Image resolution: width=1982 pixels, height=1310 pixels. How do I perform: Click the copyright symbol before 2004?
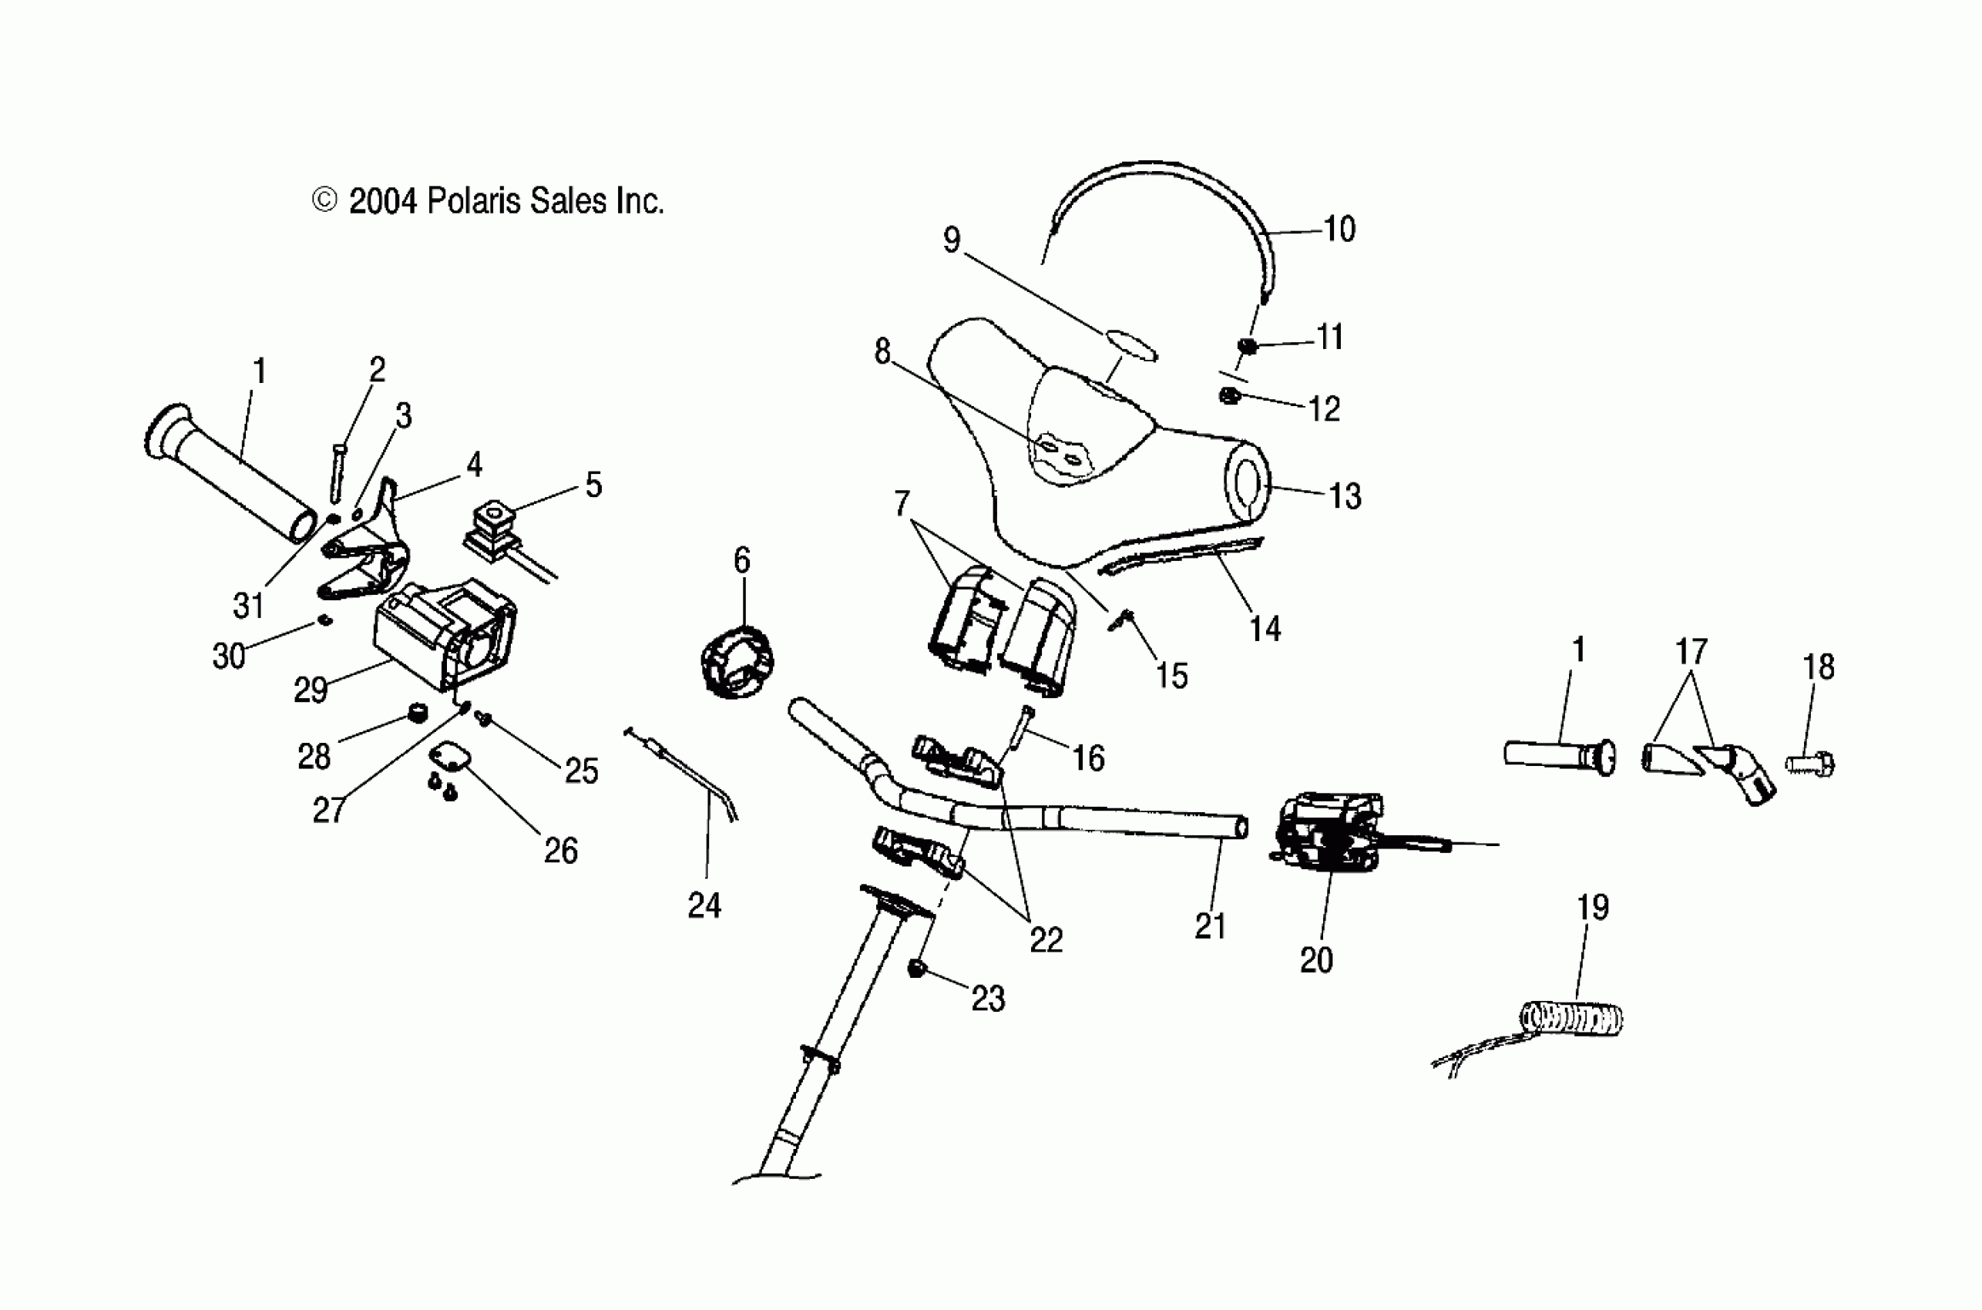324,200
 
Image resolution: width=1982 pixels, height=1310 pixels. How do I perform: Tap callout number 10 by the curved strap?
1339,229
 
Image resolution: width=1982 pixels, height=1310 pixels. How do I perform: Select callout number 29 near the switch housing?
311,690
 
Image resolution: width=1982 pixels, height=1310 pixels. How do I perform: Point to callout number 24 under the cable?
704,905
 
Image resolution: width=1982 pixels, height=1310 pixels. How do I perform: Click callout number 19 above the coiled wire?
1592,907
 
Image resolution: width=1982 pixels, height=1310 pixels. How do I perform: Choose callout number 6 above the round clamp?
741,559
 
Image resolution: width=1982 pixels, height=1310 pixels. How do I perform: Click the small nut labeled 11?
1247,345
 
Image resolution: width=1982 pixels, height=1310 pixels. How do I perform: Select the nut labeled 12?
1228,395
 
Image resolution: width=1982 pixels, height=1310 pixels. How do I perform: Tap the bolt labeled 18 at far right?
1811,764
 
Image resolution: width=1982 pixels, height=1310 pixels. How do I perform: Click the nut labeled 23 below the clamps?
917,969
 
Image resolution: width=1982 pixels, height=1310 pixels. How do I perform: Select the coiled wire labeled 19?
1570,1019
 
